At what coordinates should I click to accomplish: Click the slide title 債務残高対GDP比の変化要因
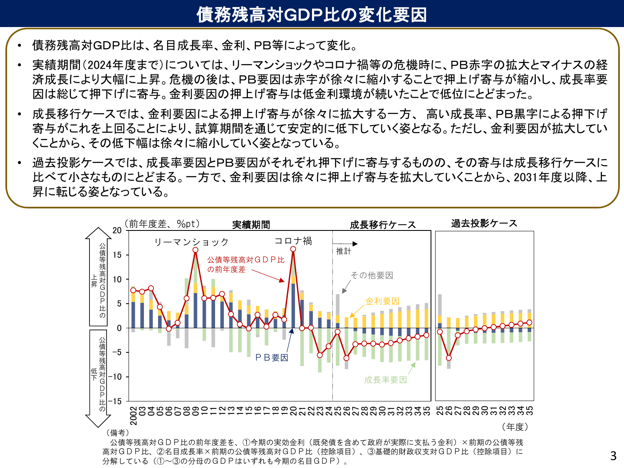312,14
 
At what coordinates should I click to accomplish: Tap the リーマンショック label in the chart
191,242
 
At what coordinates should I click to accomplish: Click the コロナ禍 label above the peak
293,241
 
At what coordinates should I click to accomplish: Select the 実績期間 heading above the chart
251,225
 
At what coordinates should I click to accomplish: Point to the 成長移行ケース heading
383,225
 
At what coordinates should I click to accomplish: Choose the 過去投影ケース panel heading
484,223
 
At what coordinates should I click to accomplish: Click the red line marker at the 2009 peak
196,250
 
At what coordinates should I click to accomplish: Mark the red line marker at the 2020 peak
293,249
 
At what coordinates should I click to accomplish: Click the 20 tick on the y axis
117,230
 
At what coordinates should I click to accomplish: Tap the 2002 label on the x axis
134,416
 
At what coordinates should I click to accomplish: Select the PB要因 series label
272,357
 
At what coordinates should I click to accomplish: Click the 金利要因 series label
382,301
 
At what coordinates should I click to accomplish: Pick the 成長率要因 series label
386,379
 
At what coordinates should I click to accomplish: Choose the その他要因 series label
371,275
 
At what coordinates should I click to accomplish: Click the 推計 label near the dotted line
344,251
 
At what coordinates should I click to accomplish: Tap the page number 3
613,456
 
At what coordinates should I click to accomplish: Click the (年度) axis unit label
515,427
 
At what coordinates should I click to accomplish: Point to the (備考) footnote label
118,433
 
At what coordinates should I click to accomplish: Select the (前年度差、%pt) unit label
163,224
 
